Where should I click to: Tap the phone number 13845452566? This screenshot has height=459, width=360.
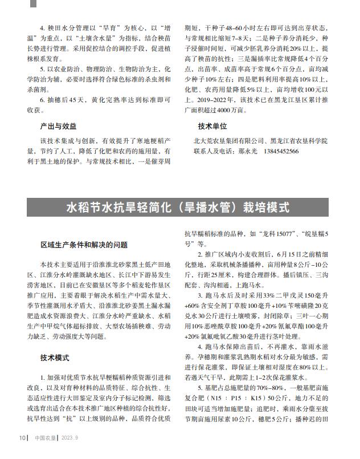[x=279, y=151]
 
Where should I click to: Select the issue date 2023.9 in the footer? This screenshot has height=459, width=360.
[x=69, y=438]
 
